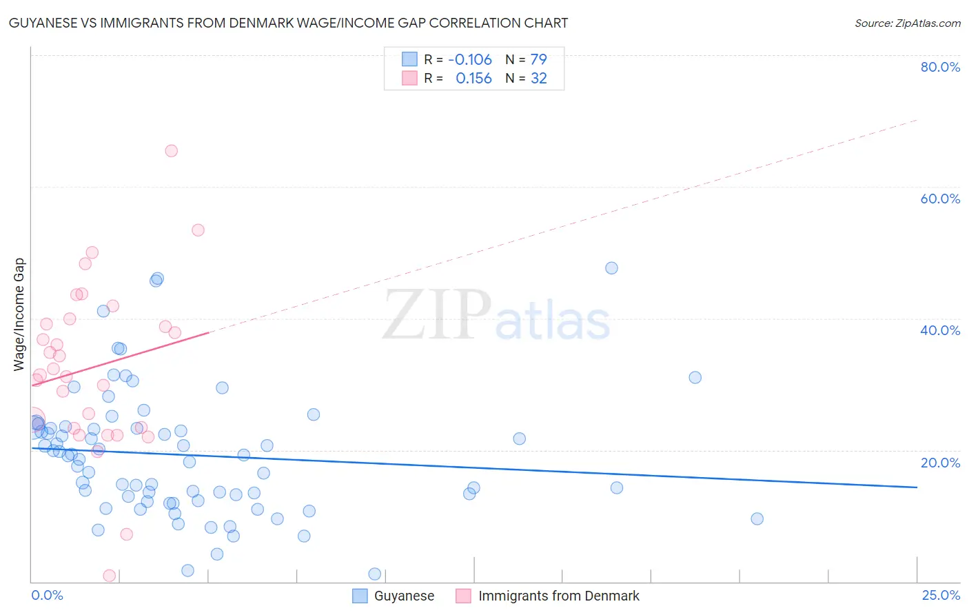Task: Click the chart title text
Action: [x=288, y=23]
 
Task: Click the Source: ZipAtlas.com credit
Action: [x=907, y=23]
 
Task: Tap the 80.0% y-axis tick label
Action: [x=940, y=67]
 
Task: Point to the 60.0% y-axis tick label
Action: [x=940, y=199]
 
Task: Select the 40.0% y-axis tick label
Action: [x=940, y=330]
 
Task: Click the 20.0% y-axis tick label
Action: [x=940, y=462]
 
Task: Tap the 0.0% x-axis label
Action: [x=47, y=595]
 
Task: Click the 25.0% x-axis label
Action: [x=941, y=595]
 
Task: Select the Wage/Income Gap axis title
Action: [x=19, y=314]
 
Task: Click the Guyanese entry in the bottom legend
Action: [x=404, y=596]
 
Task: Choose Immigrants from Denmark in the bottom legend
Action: [x=558, y=596]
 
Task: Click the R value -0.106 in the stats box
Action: [x=470, y=59]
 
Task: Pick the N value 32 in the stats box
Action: [x=538, y=79]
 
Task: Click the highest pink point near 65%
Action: [x=171, y=151]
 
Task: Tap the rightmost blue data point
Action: [x=757, y=518]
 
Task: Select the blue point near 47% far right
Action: [x=611, y=268]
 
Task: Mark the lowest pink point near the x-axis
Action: [x=109, y=576]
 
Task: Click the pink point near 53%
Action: [x=198, y=230]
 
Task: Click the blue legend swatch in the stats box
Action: [x=409, y=59]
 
